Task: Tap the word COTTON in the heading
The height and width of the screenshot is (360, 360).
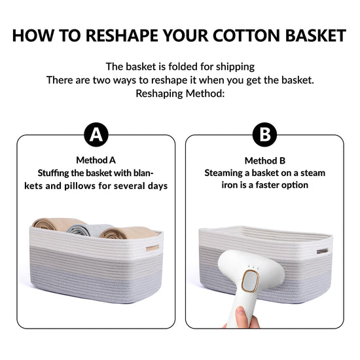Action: (246, 35)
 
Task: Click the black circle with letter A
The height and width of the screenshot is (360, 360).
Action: (96, 135)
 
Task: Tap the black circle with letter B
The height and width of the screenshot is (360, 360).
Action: (264, 135)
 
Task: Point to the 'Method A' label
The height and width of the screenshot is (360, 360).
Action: (96, 160)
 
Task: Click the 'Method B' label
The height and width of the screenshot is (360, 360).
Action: (264, 161)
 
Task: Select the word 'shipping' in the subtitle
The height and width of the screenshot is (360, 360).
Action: (235, 67)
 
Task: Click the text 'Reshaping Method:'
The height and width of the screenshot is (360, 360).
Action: (180, 94)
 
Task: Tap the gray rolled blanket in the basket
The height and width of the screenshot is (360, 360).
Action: (87, 230)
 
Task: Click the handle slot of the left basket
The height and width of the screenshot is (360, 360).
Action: (153, 247)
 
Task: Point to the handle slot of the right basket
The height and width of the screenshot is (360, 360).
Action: (322, 251)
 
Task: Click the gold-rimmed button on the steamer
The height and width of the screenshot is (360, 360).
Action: (250, 281)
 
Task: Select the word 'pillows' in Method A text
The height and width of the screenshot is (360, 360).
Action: (80, 186)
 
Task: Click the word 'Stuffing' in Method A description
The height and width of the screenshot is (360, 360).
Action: (53, 173)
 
